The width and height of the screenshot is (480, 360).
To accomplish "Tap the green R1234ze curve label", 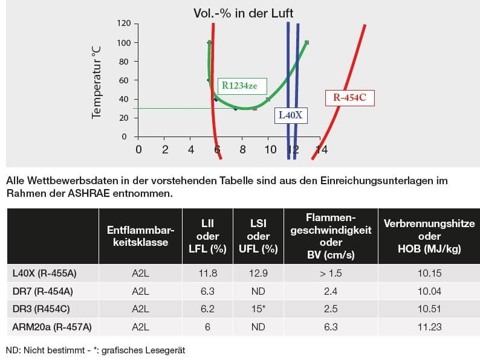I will point(239,86).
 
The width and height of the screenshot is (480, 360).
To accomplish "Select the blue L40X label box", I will point(290,114).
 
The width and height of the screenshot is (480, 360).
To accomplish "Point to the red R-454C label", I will point(350,97).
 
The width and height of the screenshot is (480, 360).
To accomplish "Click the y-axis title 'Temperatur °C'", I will point(96,82).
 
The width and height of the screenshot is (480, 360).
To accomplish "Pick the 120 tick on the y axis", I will point(124,24).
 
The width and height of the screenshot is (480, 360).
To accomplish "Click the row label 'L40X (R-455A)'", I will point(45,273).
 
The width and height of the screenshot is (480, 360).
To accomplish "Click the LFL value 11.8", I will point(209,273).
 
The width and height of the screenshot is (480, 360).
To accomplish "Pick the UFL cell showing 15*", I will point(259,309).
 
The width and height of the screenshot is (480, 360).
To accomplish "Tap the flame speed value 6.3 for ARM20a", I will point(331,327).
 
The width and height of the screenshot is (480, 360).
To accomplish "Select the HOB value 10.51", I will point(429,309).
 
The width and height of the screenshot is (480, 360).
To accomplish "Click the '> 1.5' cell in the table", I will point(331,273).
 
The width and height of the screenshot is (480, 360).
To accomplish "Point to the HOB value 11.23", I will point(429,327).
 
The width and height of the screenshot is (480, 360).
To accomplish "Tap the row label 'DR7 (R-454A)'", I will point(42,291).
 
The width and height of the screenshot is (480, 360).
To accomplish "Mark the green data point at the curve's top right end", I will point(307,42).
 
